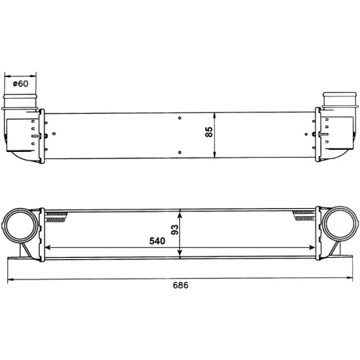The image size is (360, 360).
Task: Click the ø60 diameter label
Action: coord(20,84)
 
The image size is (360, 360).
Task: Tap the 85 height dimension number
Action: coord(209,132)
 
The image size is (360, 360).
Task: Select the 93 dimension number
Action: coord(175,230)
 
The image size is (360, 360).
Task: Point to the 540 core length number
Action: coord(157,240)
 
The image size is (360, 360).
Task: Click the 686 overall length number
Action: coord(181,285)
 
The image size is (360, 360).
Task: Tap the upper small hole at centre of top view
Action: coord(180,118)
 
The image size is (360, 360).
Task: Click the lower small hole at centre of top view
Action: coord(180,153)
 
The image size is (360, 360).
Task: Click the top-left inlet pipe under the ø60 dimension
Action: coord(20,102)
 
